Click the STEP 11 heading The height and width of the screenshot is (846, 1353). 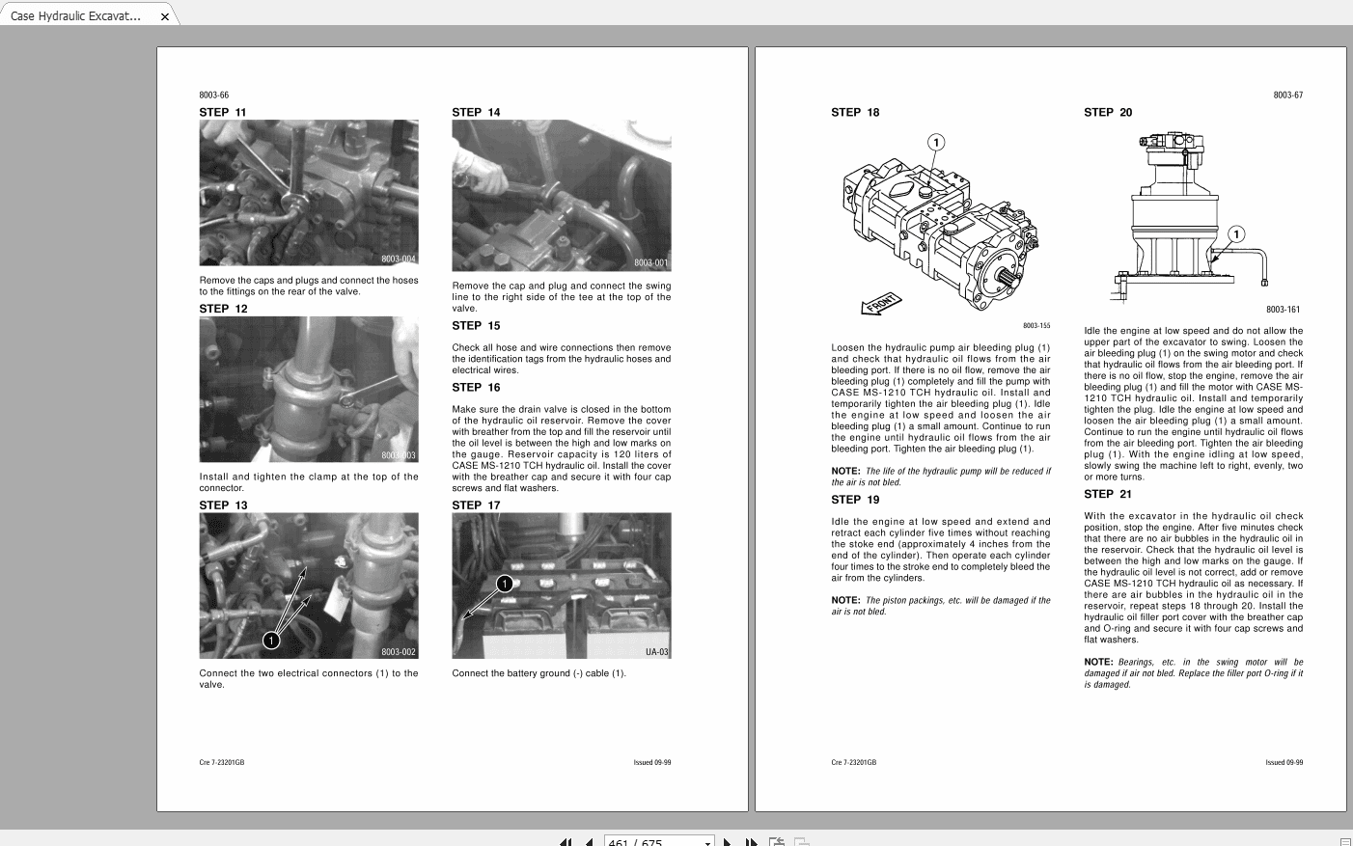click(223, 113)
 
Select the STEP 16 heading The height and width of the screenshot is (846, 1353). click(476, 388)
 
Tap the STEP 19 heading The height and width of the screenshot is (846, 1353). click(855, 500)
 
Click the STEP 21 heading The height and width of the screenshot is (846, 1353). click(1108, 494)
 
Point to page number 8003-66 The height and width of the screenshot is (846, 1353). click(214, 96)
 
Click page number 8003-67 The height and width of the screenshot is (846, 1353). click(1287, 96)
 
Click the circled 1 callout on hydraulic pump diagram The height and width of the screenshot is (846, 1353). click(935, 143)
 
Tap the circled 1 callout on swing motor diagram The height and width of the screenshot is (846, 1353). click(1236, 234)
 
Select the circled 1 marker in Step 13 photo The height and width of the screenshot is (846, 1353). click(272, 640)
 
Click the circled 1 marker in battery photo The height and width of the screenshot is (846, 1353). click(505, 584)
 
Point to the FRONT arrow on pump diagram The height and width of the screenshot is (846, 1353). click(880, 304)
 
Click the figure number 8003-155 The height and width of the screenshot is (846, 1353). click(1036, 326)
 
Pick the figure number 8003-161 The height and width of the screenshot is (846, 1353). click(1283, 310)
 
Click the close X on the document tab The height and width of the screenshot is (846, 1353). click(165, 16)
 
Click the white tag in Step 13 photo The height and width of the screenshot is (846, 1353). click(336, 601)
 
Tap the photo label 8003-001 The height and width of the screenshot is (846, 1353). click(650, 262)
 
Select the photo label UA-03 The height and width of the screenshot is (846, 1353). click(656, 652)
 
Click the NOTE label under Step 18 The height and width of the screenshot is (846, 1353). click(845, 472)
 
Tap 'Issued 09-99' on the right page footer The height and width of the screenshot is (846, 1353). click(1284, 763)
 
